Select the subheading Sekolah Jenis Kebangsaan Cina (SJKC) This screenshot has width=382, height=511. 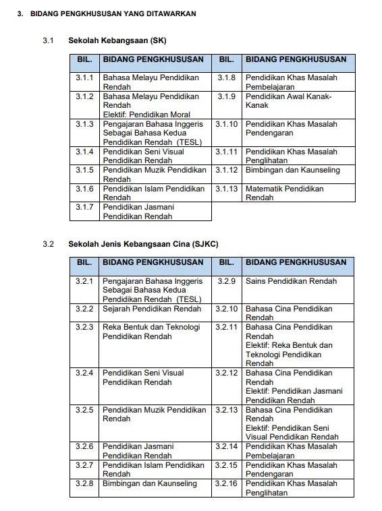click(x=142, y=244)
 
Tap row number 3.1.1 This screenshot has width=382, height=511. click(x=84, y=78)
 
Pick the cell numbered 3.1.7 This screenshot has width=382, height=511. click(x=84, y=208)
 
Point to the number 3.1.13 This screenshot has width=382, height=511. click(x=227, y=189)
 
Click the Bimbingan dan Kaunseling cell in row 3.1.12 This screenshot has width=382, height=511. click(x=292, y=171)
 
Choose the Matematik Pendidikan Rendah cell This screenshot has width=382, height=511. click(x=284, y=193)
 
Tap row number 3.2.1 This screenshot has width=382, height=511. click(x=84, y=280)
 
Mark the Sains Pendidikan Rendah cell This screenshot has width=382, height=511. click(x=290, y=280)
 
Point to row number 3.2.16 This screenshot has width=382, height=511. click(x=227, y=484)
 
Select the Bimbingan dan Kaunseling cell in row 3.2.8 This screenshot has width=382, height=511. click(x=150, y=484)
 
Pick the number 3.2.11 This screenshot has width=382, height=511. click(x=227, y=328)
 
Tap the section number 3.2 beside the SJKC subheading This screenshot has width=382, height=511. click(x=48, y=244)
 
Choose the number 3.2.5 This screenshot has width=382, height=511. click(x=84, y=410)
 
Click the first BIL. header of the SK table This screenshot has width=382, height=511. click(x=84, y=59)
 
